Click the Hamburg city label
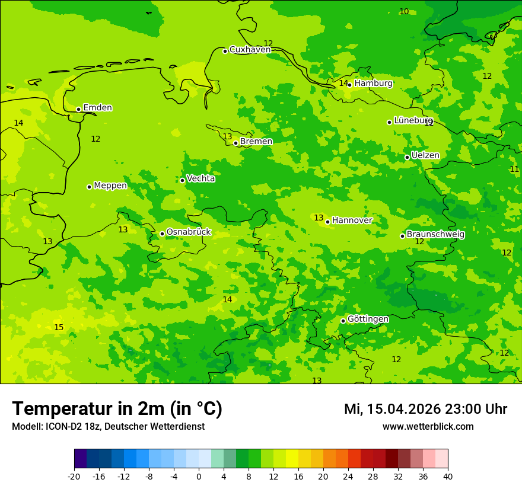(373, 84)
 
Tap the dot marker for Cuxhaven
(225, 51)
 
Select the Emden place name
(97, 108)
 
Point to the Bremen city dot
(235, 143)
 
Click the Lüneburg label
(413, 120)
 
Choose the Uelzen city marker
(407, 157)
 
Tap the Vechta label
(200, 178)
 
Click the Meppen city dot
(89, 187)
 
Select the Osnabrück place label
(189, 232)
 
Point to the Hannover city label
(352, 221)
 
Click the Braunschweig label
(435, 235)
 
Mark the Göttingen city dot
(343, 321)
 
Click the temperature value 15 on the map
(59, 327)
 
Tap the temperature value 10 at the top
(404, 11)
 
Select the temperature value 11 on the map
(514, 169)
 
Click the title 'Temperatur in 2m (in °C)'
(117, 409)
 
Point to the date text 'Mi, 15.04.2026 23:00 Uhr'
(425, 409)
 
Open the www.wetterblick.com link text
(428, 427)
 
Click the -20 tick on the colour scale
(74, 477)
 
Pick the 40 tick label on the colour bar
(448, 477)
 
